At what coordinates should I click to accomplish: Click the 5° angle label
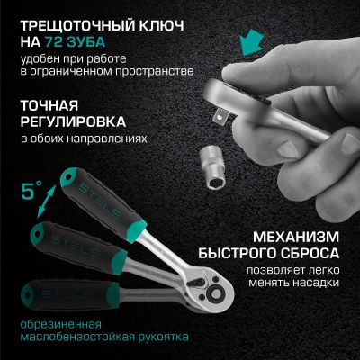coord(31,192)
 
